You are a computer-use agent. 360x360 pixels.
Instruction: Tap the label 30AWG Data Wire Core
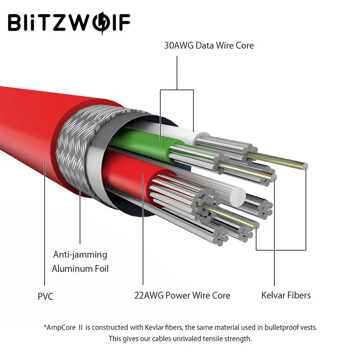(x=209, y=45)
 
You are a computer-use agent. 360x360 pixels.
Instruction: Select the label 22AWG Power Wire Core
(x=182, y=296)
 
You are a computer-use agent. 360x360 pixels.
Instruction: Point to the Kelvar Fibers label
(x=286, y=295)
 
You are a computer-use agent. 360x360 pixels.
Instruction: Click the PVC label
(x=45, y=296)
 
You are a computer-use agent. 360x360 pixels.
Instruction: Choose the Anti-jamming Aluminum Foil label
(x=80, y=261)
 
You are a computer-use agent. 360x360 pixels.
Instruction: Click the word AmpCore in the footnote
(x=62, y=327)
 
